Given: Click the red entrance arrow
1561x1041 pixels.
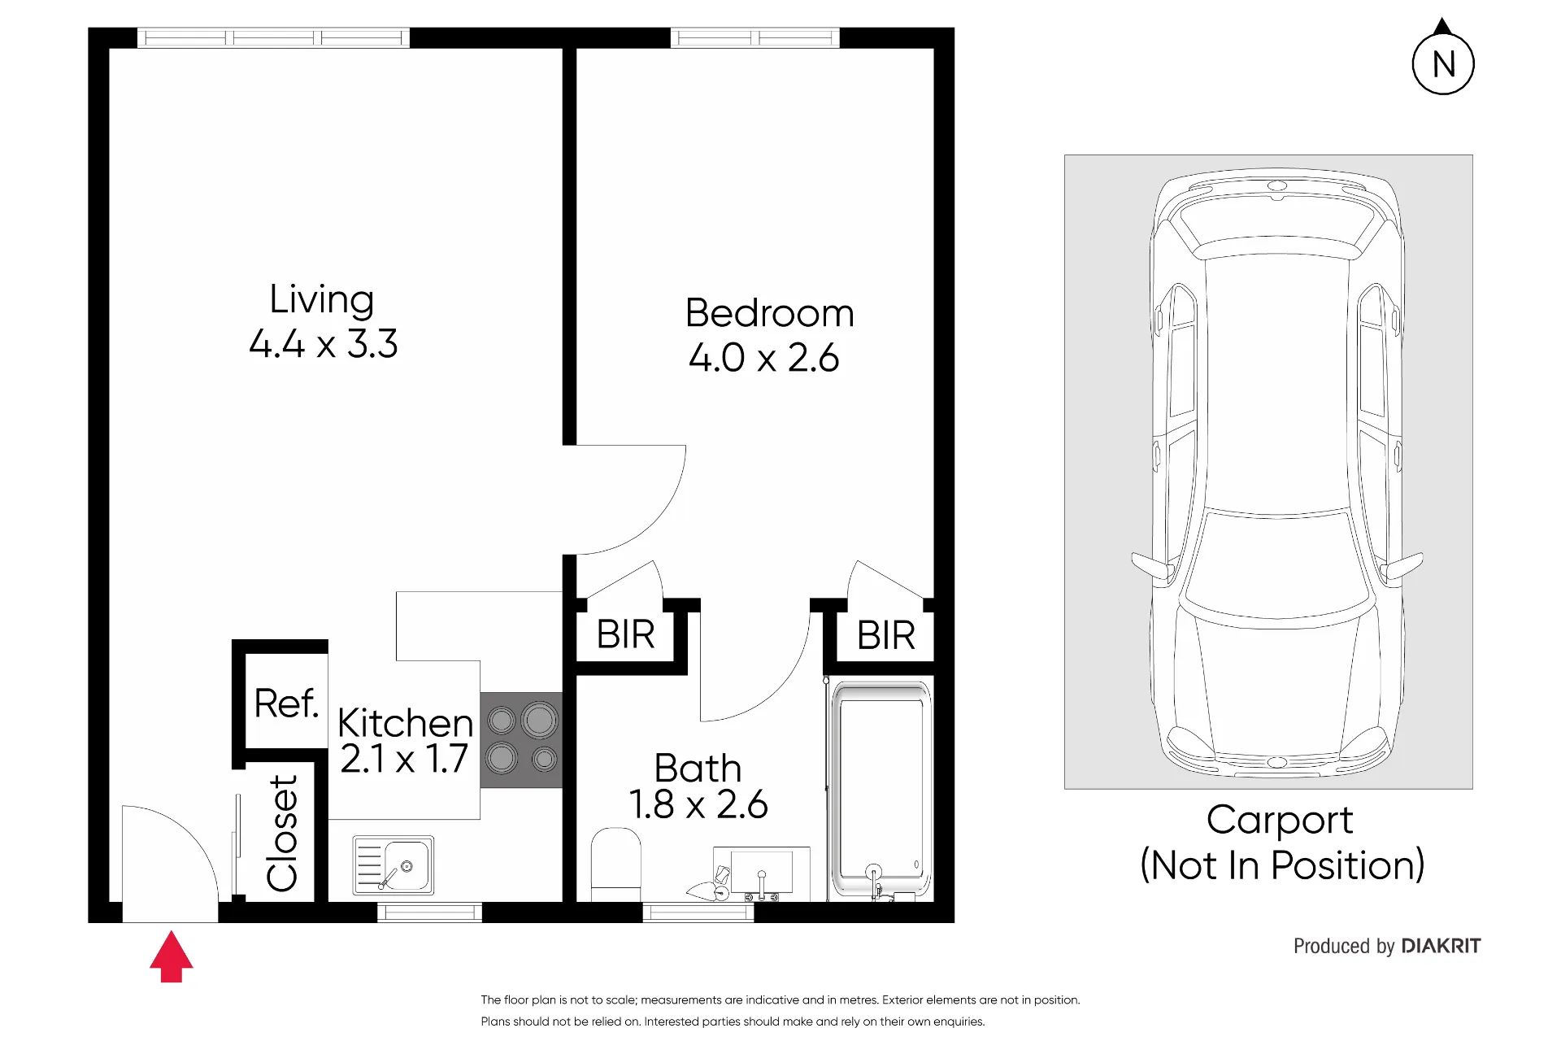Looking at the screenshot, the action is pyautogui.click(x=171, y=956).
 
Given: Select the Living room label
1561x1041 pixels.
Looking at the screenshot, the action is pyautogui.click(x=322, y=299).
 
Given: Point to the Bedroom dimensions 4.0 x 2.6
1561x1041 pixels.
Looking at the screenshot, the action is pyautogui.click(x=763, y=358).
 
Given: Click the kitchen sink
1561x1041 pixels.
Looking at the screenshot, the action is pyautogui.click(x=394, y=865).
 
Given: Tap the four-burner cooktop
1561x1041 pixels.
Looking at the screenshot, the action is pyautogui.click(x=521, y=739).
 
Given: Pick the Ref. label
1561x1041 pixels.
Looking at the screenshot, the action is pyautogui.click(x=285, y=703).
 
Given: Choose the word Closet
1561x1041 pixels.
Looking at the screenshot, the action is pyautogui.click(x=282, y=833).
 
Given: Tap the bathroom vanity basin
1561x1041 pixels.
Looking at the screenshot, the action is pyautogui.click(x=761, y=872).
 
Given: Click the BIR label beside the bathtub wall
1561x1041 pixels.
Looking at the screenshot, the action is pyautogui.click(x=885, y=635).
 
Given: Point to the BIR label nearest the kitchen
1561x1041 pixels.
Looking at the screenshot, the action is pyautogui.click(x=625, y=634).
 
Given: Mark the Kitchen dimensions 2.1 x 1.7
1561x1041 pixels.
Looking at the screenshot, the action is pyautogui.click(x=404, y=759).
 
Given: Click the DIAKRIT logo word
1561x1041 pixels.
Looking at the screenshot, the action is pyautogui.click(x=1441, y=946).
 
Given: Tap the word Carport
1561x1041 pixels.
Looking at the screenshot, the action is pyautogui.click(x=1280, y=821).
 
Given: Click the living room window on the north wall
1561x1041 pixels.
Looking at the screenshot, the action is pyautogui.click(x=273, y=37).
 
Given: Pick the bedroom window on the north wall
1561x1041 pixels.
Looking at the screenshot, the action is pyautogui.click(x=754, y=37).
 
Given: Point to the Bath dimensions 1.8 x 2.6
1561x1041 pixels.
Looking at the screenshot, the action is pyautogui.click(x=698, y=804).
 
